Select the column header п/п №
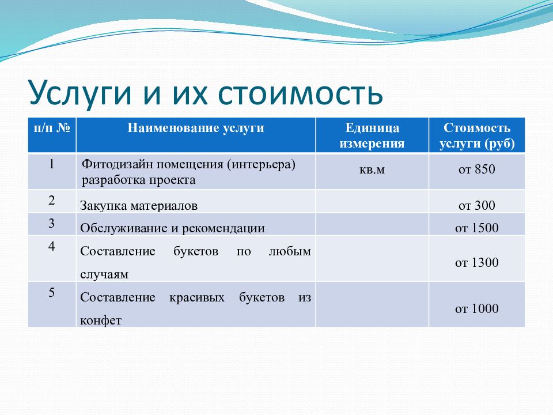pos(52,128)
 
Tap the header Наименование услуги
pos(196,128)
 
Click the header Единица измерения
pos(372,135)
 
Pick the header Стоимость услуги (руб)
pos(477,135)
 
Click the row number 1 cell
pos(52,164)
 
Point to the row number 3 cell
pos(52,223)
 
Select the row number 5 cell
pos(52,293)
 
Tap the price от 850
pos(477,170)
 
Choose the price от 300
pos(477,205)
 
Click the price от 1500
pos(477,228)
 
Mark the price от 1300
pos(477,263)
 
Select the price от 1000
pos(477,309)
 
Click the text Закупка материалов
pos(139,205)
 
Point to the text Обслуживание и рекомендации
pos(172,228)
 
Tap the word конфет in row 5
pos(101,320)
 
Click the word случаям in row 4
pos(104,275)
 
